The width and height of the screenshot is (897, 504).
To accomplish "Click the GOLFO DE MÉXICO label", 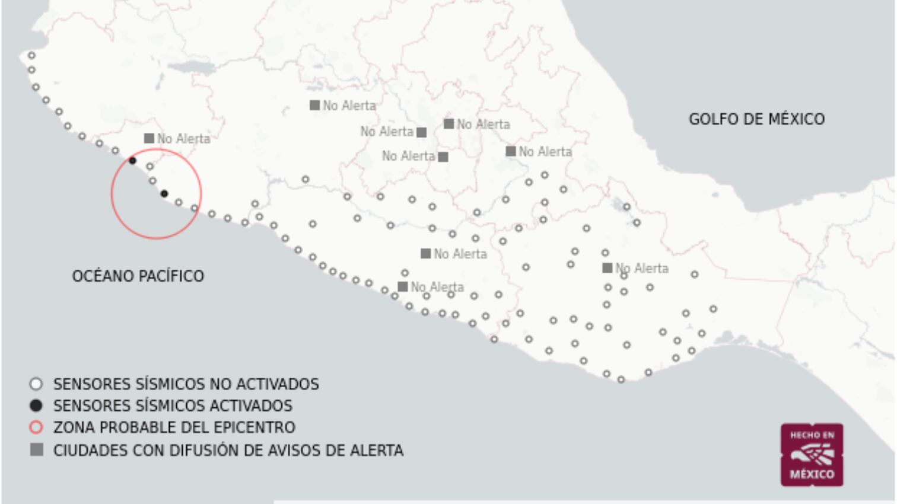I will tap(756, 119).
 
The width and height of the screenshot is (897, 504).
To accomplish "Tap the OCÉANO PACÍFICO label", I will tap(138, 276).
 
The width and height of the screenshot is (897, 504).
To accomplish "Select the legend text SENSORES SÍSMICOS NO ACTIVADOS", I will tap(186, 384).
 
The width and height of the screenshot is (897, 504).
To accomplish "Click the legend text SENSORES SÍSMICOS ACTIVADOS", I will tap(173, 406).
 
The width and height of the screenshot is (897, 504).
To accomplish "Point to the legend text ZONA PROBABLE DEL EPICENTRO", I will tap(174, 428).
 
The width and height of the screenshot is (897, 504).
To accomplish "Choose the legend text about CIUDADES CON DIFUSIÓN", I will tap(228, 451).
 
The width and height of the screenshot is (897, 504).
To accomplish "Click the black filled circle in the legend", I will tap(36, 406).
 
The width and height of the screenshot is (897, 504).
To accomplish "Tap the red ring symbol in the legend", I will tap(36, 428).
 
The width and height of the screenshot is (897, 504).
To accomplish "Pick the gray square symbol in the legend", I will tap(36, 450).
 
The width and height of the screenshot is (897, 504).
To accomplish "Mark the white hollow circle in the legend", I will tap(36, 384).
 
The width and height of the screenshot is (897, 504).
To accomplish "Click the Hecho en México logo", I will tap(812, 455).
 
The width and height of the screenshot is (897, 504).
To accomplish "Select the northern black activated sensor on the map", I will tap(132, 161).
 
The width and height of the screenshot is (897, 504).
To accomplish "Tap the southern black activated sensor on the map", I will tap(164, 194).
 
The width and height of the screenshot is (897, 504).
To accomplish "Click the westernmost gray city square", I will tap(149, 138).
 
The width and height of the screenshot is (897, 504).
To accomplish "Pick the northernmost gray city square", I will tap(314, 105).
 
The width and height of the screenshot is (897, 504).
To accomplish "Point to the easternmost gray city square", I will tap(607, 268).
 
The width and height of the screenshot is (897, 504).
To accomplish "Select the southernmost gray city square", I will tap(402, 287).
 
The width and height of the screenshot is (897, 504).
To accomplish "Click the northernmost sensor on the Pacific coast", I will tap(31, 56).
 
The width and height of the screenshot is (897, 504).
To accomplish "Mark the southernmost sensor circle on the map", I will tap(621, 379).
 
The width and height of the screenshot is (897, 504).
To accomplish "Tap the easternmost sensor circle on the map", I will tap(713, 309).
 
